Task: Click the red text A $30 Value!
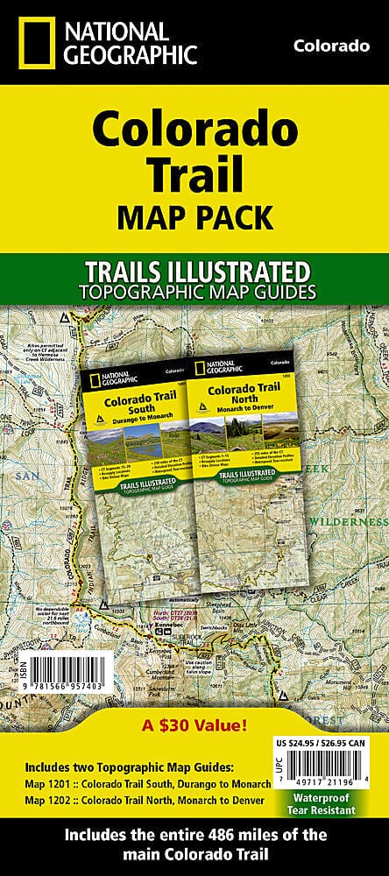pos(194,724)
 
